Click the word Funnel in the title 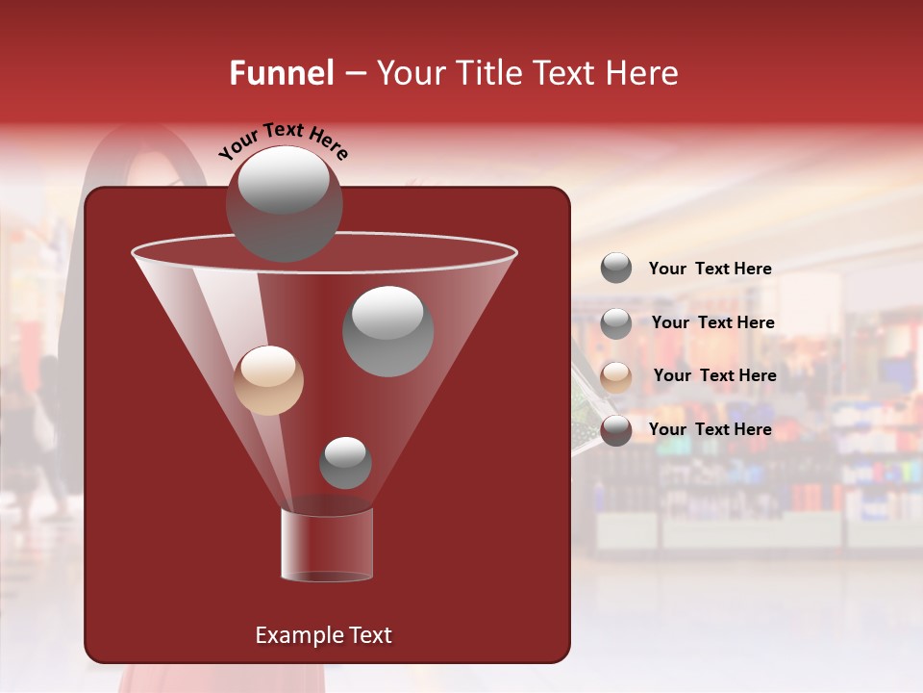281,73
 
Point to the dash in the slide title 354,74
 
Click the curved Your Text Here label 283,141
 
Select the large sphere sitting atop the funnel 284,203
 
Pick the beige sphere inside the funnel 268,380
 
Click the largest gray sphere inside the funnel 388,331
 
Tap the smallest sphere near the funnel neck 345,463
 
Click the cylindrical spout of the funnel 327,545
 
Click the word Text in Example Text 369,635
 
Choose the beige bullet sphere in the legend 616,377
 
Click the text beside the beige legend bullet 714,375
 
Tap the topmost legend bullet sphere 616,269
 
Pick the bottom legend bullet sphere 616,430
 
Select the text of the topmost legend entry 710,269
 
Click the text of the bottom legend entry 710,429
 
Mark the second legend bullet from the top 616,323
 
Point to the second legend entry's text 712,322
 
